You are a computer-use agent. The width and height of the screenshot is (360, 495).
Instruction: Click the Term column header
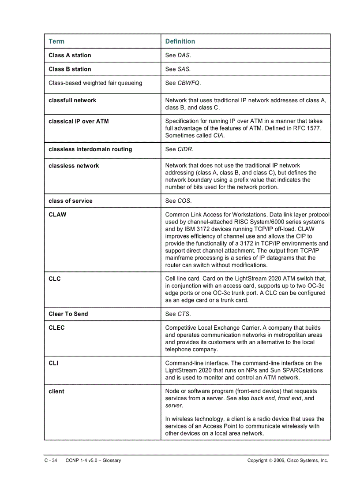(56, 41)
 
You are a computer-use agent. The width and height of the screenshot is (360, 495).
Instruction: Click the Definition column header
(180, 41)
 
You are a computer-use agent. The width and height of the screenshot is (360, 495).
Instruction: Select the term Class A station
(70, 56)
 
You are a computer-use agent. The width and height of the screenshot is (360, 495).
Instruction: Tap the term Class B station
(70, 69)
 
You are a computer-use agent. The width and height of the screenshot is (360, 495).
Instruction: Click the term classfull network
(72, 100)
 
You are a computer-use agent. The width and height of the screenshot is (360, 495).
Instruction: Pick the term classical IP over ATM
(79, 121)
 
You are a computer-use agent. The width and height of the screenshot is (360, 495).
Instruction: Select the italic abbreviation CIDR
(185, 149)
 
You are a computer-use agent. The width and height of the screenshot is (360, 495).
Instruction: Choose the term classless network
(74, 166)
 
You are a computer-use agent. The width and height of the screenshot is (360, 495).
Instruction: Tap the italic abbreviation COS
(184, 201)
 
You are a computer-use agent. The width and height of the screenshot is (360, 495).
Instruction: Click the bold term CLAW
(57, 215)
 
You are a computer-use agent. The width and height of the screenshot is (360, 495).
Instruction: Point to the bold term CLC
(55, 279)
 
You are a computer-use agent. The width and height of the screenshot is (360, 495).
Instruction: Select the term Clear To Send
(68, 314)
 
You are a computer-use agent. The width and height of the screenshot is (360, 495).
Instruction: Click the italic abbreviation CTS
(184, 314)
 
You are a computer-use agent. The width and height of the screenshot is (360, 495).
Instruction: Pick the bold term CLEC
(56, 328)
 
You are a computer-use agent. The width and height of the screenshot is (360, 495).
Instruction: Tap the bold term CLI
(53, 363)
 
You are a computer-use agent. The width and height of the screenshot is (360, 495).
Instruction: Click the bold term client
(56, 391)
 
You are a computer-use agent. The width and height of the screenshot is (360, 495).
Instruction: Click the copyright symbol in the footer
(270, 461)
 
